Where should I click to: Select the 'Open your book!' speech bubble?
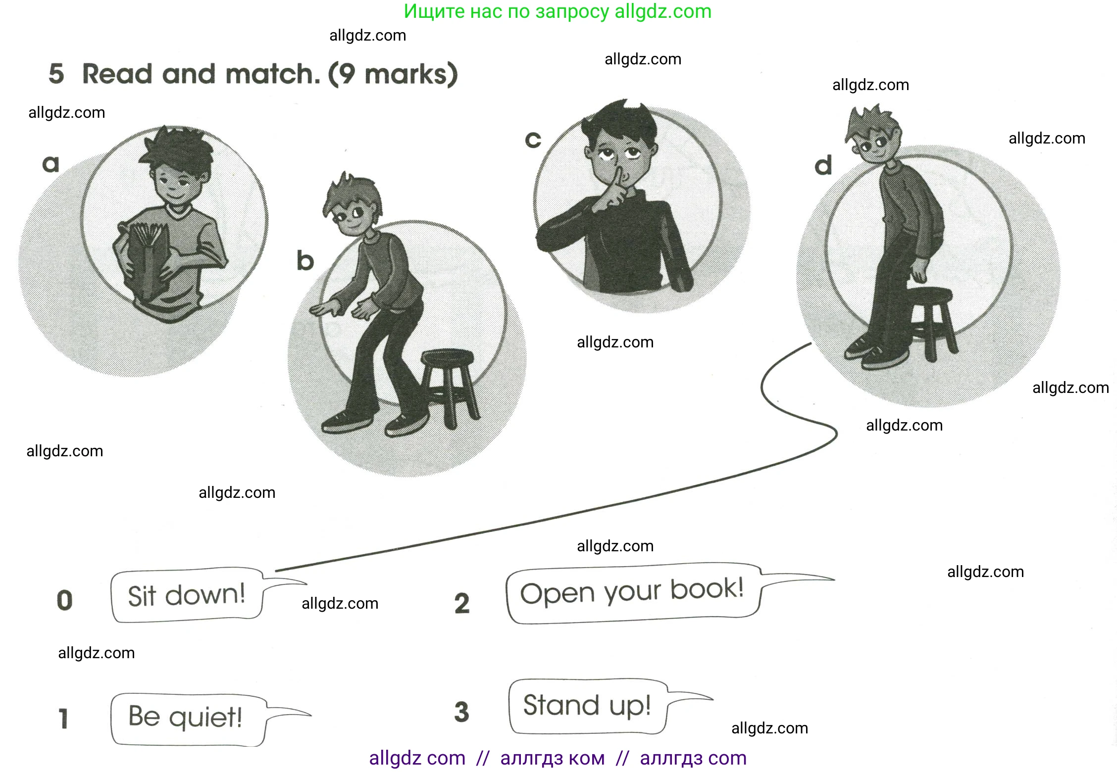tap(633, 592)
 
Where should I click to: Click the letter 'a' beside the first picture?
tap(51, 164)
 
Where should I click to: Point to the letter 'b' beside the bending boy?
tap(305, 260)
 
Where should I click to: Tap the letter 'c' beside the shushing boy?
tap(533, 140)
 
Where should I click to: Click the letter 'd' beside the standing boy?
tap(823, 165)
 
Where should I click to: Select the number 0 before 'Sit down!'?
tap(64, 600)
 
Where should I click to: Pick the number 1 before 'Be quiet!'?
tap(63, 719)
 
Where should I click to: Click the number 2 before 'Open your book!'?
tap(462, 603)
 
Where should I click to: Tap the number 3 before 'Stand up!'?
tap(461, 712)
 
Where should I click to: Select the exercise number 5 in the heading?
tap(56, 74)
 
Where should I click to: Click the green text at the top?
tap(558, 11)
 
